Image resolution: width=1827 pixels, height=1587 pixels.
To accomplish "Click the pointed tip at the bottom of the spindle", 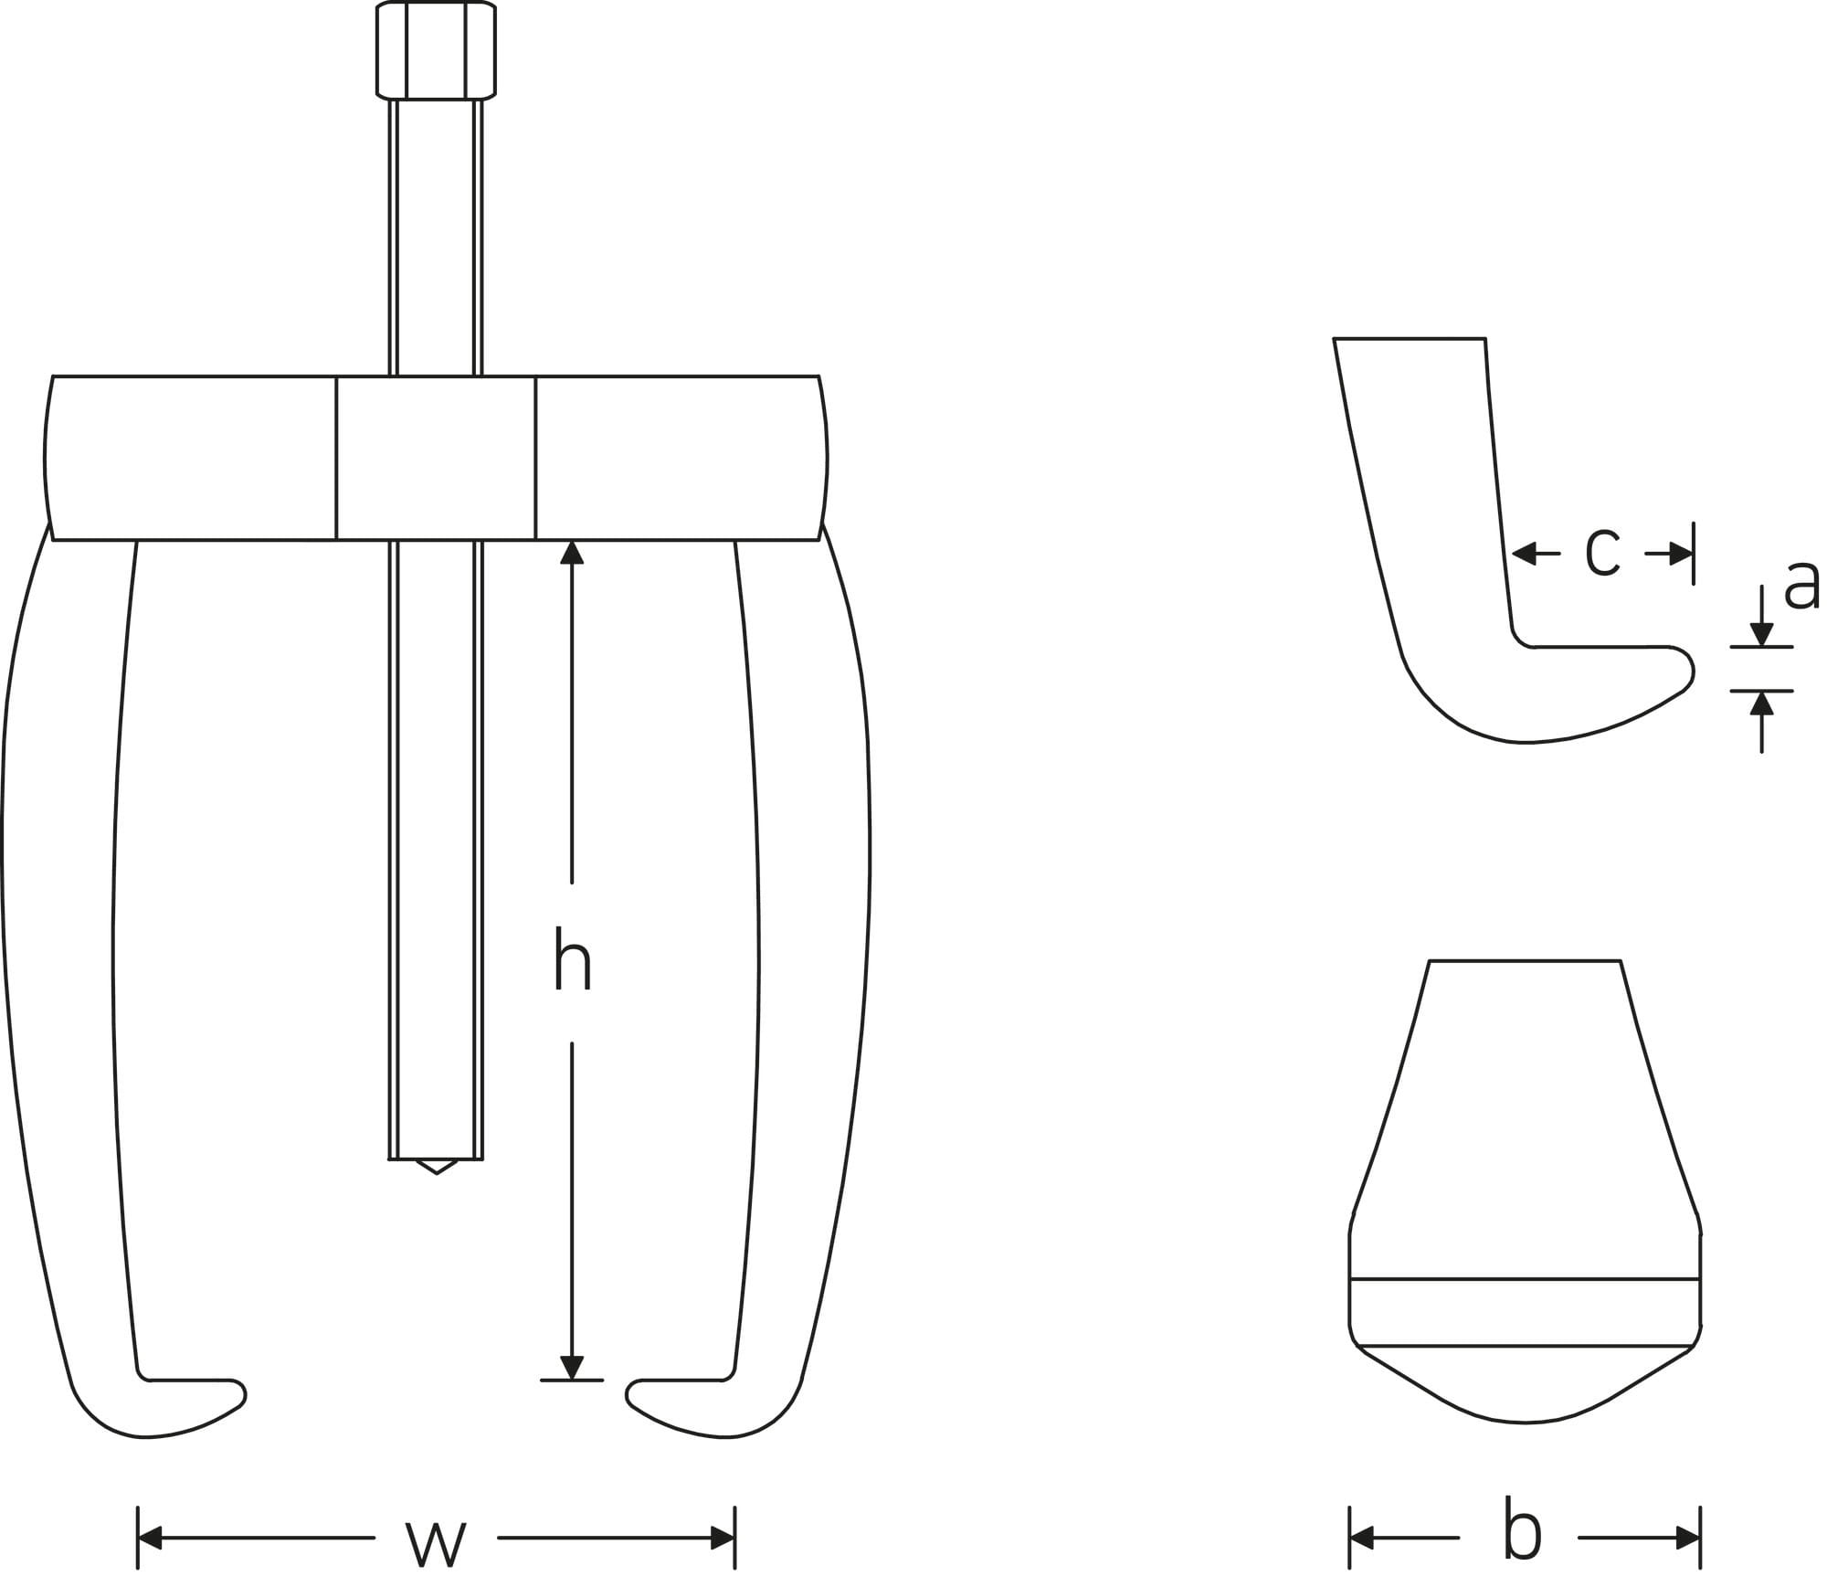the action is [x=437, y=1174].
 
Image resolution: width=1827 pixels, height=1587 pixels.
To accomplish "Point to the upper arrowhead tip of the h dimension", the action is [x=572, y=541].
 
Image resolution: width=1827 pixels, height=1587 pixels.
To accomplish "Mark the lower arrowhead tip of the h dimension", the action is [x=572, y=1379].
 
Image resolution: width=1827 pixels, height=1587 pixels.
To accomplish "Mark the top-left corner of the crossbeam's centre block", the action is [x=336, y=376].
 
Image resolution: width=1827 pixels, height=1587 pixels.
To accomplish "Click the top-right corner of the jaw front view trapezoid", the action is [x=1621, y=961].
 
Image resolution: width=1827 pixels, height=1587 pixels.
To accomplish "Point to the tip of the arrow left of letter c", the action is [x=1513, y=553].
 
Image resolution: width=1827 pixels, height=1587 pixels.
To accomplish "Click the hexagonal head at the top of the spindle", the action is [x=436, y=50].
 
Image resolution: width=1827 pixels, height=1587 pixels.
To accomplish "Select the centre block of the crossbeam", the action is [x=436, y=458].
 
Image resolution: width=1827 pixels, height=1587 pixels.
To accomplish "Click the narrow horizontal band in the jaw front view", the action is [x=1525, y=1312].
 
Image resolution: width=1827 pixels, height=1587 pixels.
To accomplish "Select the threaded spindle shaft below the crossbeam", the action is [x=436, y=850].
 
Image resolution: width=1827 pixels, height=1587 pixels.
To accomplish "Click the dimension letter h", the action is [x=573, y=957].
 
